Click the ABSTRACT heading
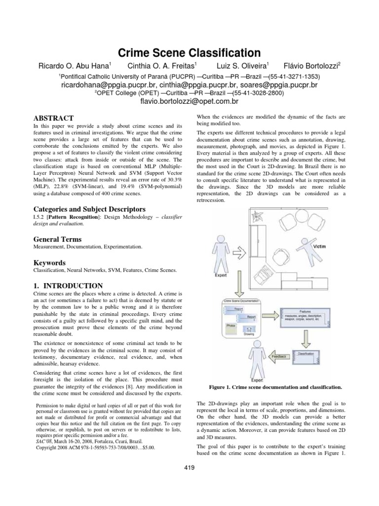pos(53,118)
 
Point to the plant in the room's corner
pos(259,215)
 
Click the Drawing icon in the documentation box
pos(249,329)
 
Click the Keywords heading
pos(49,263)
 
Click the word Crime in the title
pos(141,52)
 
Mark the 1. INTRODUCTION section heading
pos(68,286)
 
